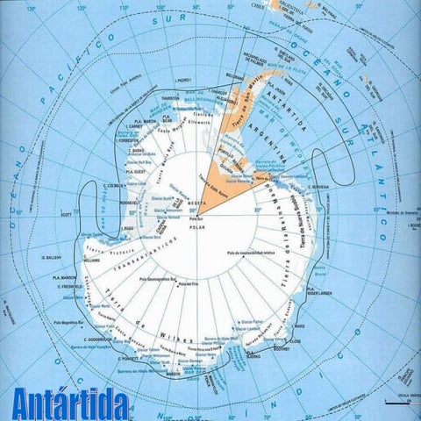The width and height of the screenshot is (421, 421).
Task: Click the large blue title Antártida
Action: [x=71, y=404]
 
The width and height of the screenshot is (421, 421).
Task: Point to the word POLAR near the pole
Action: [x=196, y=226]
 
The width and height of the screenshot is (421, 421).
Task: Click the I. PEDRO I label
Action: [x=182, y=81]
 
